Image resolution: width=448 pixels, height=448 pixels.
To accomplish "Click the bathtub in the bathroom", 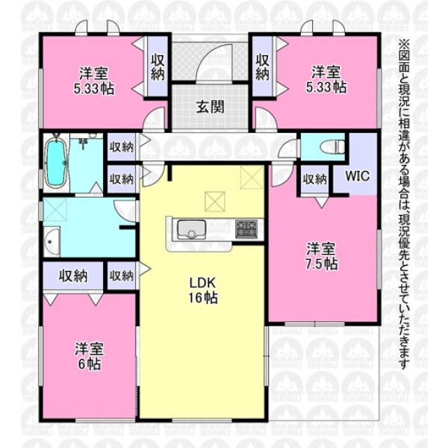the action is (57, 162).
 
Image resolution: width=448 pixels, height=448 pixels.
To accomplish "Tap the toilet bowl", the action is (332, 147).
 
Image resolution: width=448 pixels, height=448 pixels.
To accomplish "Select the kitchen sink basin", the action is (191, 229).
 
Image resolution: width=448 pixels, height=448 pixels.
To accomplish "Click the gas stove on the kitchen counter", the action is (246, 229).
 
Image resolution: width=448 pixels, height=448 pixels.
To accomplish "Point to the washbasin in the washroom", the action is (52, 241).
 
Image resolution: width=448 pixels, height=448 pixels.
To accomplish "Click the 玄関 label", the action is (210, 108).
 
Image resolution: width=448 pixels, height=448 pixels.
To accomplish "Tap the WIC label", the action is (358, 175).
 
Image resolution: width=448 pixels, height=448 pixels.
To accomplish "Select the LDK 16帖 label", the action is (203, 290).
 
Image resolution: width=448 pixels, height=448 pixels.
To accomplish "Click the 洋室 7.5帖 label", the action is (322, 256).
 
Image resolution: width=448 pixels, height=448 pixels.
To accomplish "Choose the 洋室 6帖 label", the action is (89, 356).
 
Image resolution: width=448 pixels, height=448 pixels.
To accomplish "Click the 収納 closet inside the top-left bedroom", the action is (158, 67).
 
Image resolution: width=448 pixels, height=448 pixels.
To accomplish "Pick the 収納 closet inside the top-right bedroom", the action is (262, 67).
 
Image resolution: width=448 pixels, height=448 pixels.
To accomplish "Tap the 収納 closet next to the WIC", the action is (314, 179).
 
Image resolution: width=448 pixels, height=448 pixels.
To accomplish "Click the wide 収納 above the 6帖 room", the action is (73, 276).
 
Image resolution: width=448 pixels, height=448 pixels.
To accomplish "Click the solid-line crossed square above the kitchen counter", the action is (215, 202).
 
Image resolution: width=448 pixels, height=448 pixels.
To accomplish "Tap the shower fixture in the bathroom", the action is (84, 142).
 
